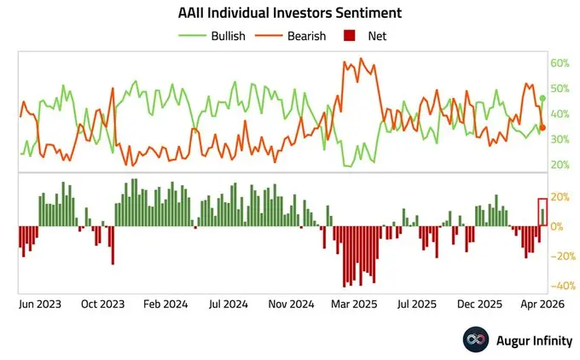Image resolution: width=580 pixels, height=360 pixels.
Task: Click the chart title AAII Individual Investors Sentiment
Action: pyautogui.click(x=289, y=14)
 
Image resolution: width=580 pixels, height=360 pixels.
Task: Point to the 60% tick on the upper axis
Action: pyautogui.click(x=560, y=63)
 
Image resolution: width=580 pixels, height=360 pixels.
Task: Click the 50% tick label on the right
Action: pyautogui.click(x=560, y=89)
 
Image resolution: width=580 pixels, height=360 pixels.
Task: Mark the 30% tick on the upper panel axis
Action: pyautogui.click(x=560, y=139)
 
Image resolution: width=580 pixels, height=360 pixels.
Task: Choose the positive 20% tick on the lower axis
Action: pyautogui.click(x=560, y=197)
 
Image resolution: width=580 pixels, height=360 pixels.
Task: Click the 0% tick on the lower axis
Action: pyautogui.click(x=557, y=226)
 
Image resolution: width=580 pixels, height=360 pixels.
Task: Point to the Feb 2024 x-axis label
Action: pyautogui.click(x=165, y=303)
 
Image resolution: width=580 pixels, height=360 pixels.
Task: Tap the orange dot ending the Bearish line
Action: pyautogui.click(x=542, y=127)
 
